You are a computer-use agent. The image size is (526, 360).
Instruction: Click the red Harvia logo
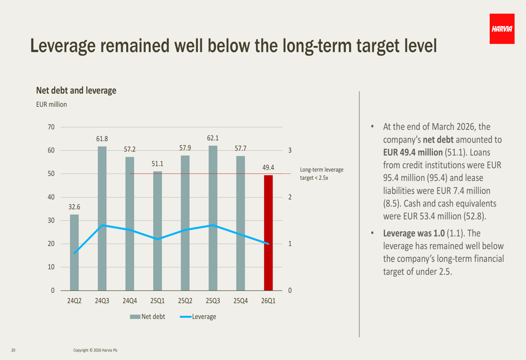click(502, 29)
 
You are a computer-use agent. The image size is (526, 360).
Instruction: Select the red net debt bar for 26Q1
click(268, 233)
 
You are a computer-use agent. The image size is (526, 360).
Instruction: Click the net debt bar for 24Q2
click(74, 252)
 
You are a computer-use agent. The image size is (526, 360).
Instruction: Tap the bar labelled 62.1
click(213, 218)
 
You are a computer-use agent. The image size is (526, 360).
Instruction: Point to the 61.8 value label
click(102, 139)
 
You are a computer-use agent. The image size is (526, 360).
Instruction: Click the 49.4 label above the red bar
click(268, 167)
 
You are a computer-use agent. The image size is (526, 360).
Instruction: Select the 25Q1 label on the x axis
click(157, 301)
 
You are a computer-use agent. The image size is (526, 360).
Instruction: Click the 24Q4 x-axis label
click(129, 301)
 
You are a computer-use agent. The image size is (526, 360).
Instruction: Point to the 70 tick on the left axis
click(51, 127)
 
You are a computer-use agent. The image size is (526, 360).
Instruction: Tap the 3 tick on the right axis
click(290, 150)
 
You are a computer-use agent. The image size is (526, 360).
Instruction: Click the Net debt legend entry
click(147, 317)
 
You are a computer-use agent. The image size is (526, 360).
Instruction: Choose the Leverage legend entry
click(198, 317)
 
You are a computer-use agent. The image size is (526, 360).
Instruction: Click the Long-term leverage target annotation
click(321, 173)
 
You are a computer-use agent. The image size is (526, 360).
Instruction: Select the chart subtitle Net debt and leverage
click(76, 90)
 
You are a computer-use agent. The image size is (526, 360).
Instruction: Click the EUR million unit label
click(52, 105)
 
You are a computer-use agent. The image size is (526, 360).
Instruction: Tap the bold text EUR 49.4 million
click(412, 152)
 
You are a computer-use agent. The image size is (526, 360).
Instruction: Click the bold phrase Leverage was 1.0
click(413, 233)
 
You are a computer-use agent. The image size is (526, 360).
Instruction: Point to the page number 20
click(13, 351)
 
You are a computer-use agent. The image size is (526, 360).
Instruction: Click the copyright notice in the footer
click(95, 351)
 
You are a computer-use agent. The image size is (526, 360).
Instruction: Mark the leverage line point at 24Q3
click(102, 225)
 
